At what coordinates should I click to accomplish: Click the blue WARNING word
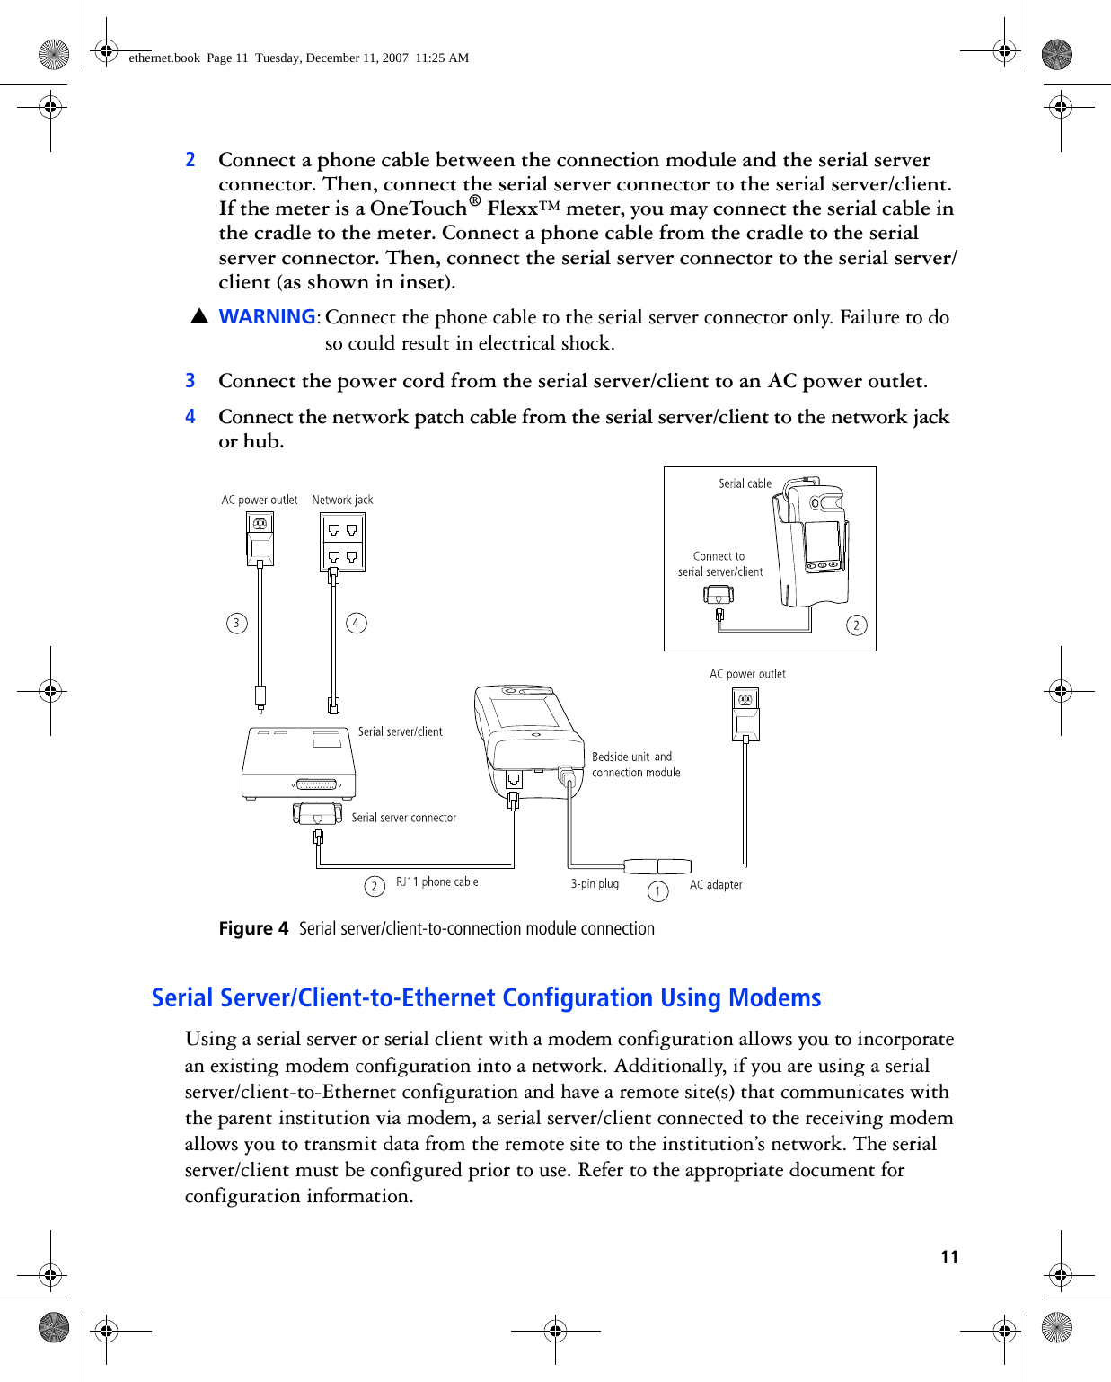(267, 317)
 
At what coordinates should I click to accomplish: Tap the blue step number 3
(190, 381)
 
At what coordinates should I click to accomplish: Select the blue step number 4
(190, 417)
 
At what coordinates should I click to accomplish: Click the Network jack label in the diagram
(342, 500)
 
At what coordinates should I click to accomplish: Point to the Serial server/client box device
(299, 763)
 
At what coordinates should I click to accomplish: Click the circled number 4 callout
(356, 623)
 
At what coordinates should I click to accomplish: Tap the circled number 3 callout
(237, 623)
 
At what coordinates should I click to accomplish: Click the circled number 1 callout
(658, 890)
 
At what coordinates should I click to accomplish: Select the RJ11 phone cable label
(436, 882)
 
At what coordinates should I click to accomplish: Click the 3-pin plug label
(595, 884)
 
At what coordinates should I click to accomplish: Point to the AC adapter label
(716, 885)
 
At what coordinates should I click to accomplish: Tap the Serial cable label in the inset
(745, 483)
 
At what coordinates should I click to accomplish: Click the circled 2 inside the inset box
(857, 625)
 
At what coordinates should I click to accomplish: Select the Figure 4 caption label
(253, 929)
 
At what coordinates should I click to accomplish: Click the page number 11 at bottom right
(949, 1257)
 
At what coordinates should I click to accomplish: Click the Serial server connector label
(403, 818)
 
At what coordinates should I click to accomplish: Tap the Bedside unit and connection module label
(635, 765)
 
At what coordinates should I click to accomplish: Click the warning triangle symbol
(199, 317)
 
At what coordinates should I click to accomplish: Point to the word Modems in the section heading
(774, 998)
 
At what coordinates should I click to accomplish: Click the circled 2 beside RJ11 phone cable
(375, 887)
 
